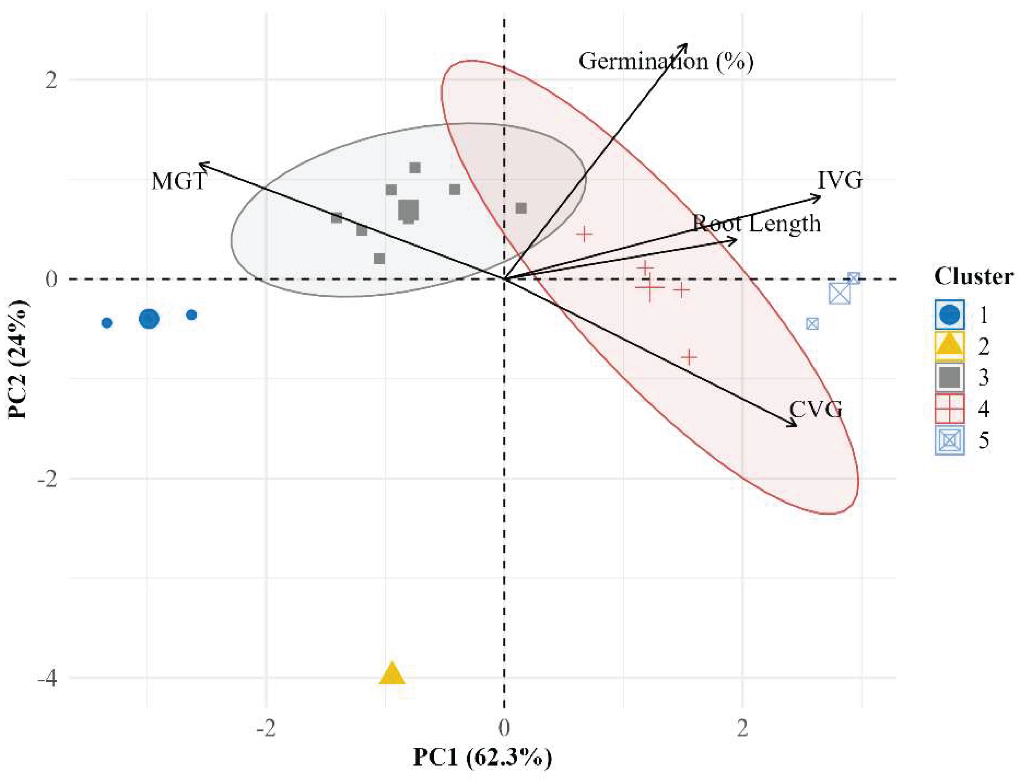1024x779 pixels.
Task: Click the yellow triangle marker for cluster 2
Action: click(x=392, y=675)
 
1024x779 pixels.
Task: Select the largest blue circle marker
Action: click(x=149, y=318)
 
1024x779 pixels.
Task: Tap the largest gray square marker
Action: click(x=408, y=210)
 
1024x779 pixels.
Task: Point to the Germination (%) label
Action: click(x=666, y=61)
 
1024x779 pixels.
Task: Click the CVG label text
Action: click(x=815, y=409)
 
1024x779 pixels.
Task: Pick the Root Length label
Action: click(x=757, y=224)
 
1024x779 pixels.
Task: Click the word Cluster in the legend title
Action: click(x=973, y=276)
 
